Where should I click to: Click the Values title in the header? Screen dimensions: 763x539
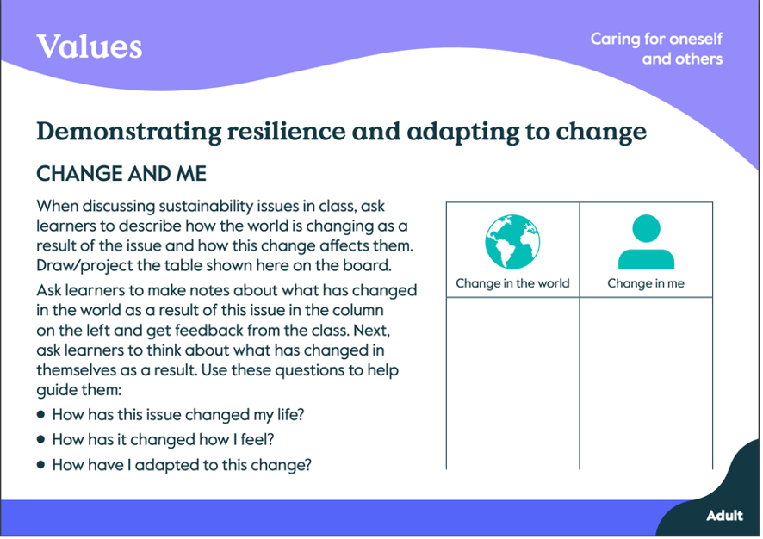coord(90,46)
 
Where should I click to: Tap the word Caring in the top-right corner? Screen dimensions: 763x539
coord(615,40)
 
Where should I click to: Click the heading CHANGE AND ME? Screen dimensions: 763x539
coord(121,174)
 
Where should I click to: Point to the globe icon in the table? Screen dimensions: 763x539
coord(512,242)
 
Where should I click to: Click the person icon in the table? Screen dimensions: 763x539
coord(646,242)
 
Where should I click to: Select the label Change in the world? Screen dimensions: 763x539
coord(512,283)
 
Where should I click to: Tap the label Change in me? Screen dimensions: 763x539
coord(646,283)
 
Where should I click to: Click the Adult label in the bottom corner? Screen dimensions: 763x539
coord(724,516)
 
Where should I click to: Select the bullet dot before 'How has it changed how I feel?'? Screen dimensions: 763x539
coord(40,439)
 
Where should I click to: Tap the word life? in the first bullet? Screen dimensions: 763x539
coord(290,414)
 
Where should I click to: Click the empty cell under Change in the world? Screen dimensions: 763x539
coord(513,383)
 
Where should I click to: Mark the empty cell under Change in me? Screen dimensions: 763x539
coord(646,383)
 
